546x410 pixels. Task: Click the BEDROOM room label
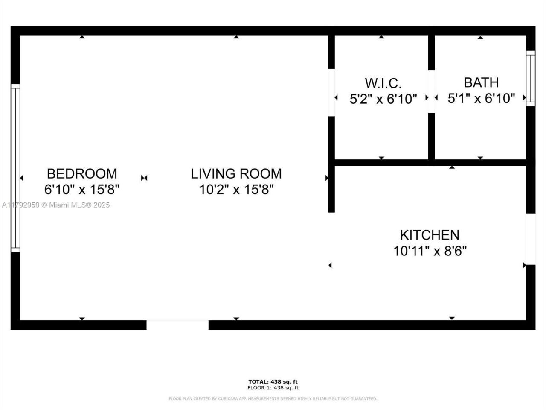81,173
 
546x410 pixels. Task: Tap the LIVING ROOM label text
236,173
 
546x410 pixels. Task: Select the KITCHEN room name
430,235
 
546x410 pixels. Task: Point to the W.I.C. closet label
383,82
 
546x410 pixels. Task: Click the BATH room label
481,82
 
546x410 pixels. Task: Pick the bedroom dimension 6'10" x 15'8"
81,189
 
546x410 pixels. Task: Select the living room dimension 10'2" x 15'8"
236,189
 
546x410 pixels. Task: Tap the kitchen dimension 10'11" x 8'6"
430,251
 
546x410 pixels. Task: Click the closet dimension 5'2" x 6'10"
383,99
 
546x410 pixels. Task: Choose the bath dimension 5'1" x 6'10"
481,99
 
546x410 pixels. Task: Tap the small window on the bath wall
530,78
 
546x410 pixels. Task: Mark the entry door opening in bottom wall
177,325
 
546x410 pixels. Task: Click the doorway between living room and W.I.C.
331,93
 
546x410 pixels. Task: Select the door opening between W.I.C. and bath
431,91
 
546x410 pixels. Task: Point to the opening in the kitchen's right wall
530,239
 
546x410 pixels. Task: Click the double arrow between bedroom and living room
144,178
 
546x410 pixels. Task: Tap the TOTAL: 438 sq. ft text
273,381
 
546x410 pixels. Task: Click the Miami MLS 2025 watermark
56,205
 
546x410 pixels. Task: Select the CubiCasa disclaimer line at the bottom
273,399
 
